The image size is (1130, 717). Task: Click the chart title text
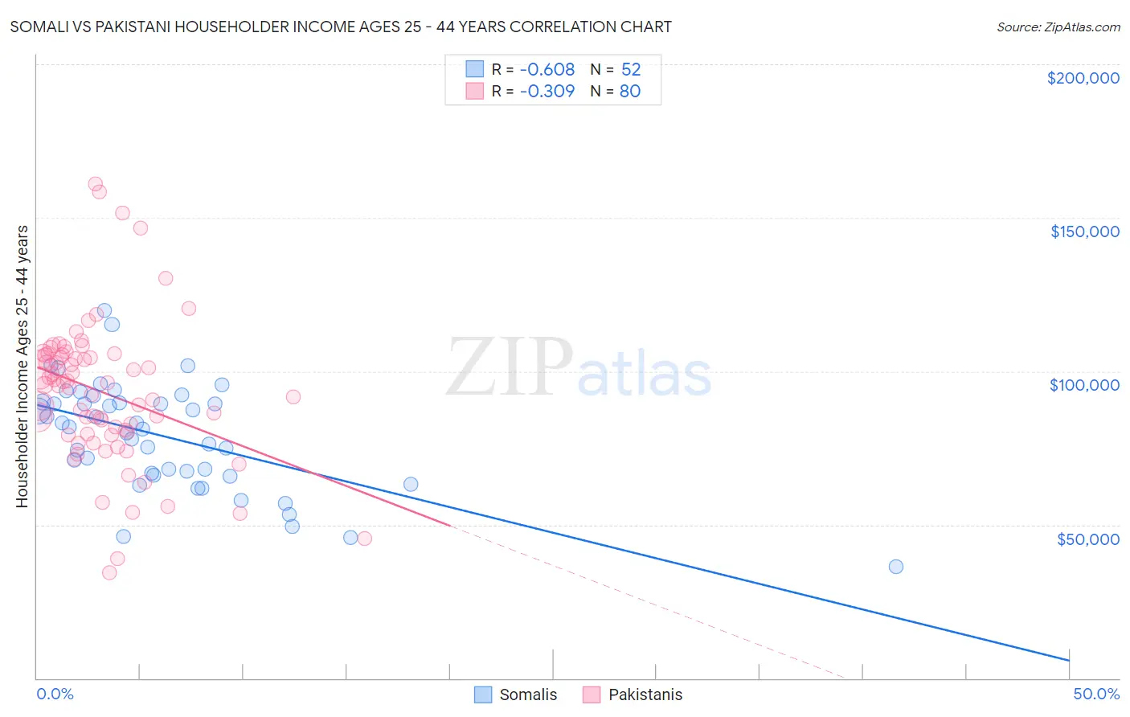point(341,27)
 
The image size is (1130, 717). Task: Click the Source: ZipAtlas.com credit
point(1058,27)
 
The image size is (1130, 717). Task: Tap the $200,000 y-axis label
point(1083,78)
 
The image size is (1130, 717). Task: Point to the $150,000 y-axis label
point(1084,231)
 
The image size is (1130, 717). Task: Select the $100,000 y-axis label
point(1084,385)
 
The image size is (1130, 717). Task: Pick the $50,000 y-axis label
point(1087,539)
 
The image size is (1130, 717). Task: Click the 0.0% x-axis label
point(55,694)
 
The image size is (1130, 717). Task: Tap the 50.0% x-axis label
point(1095,694)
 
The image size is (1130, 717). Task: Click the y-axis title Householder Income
point(23,367)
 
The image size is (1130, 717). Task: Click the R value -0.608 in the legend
point(547,69)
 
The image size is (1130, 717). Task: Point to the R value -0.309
point(547,91)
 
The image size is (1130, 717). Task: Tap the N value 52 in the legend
point(631,69)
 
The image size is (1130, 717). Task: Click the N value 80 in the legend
point(630,91)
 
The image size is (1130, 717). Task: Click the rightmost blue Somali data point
point(895,567)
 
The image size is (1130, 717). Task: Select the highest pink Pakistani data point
point(95,184)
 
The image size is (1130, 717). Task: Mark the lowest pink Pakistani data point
point(109,572)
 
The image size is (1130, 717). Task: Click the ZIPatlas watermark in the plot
point(579,368)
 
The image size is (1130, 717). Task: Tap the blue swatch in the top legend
point(475,69)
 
